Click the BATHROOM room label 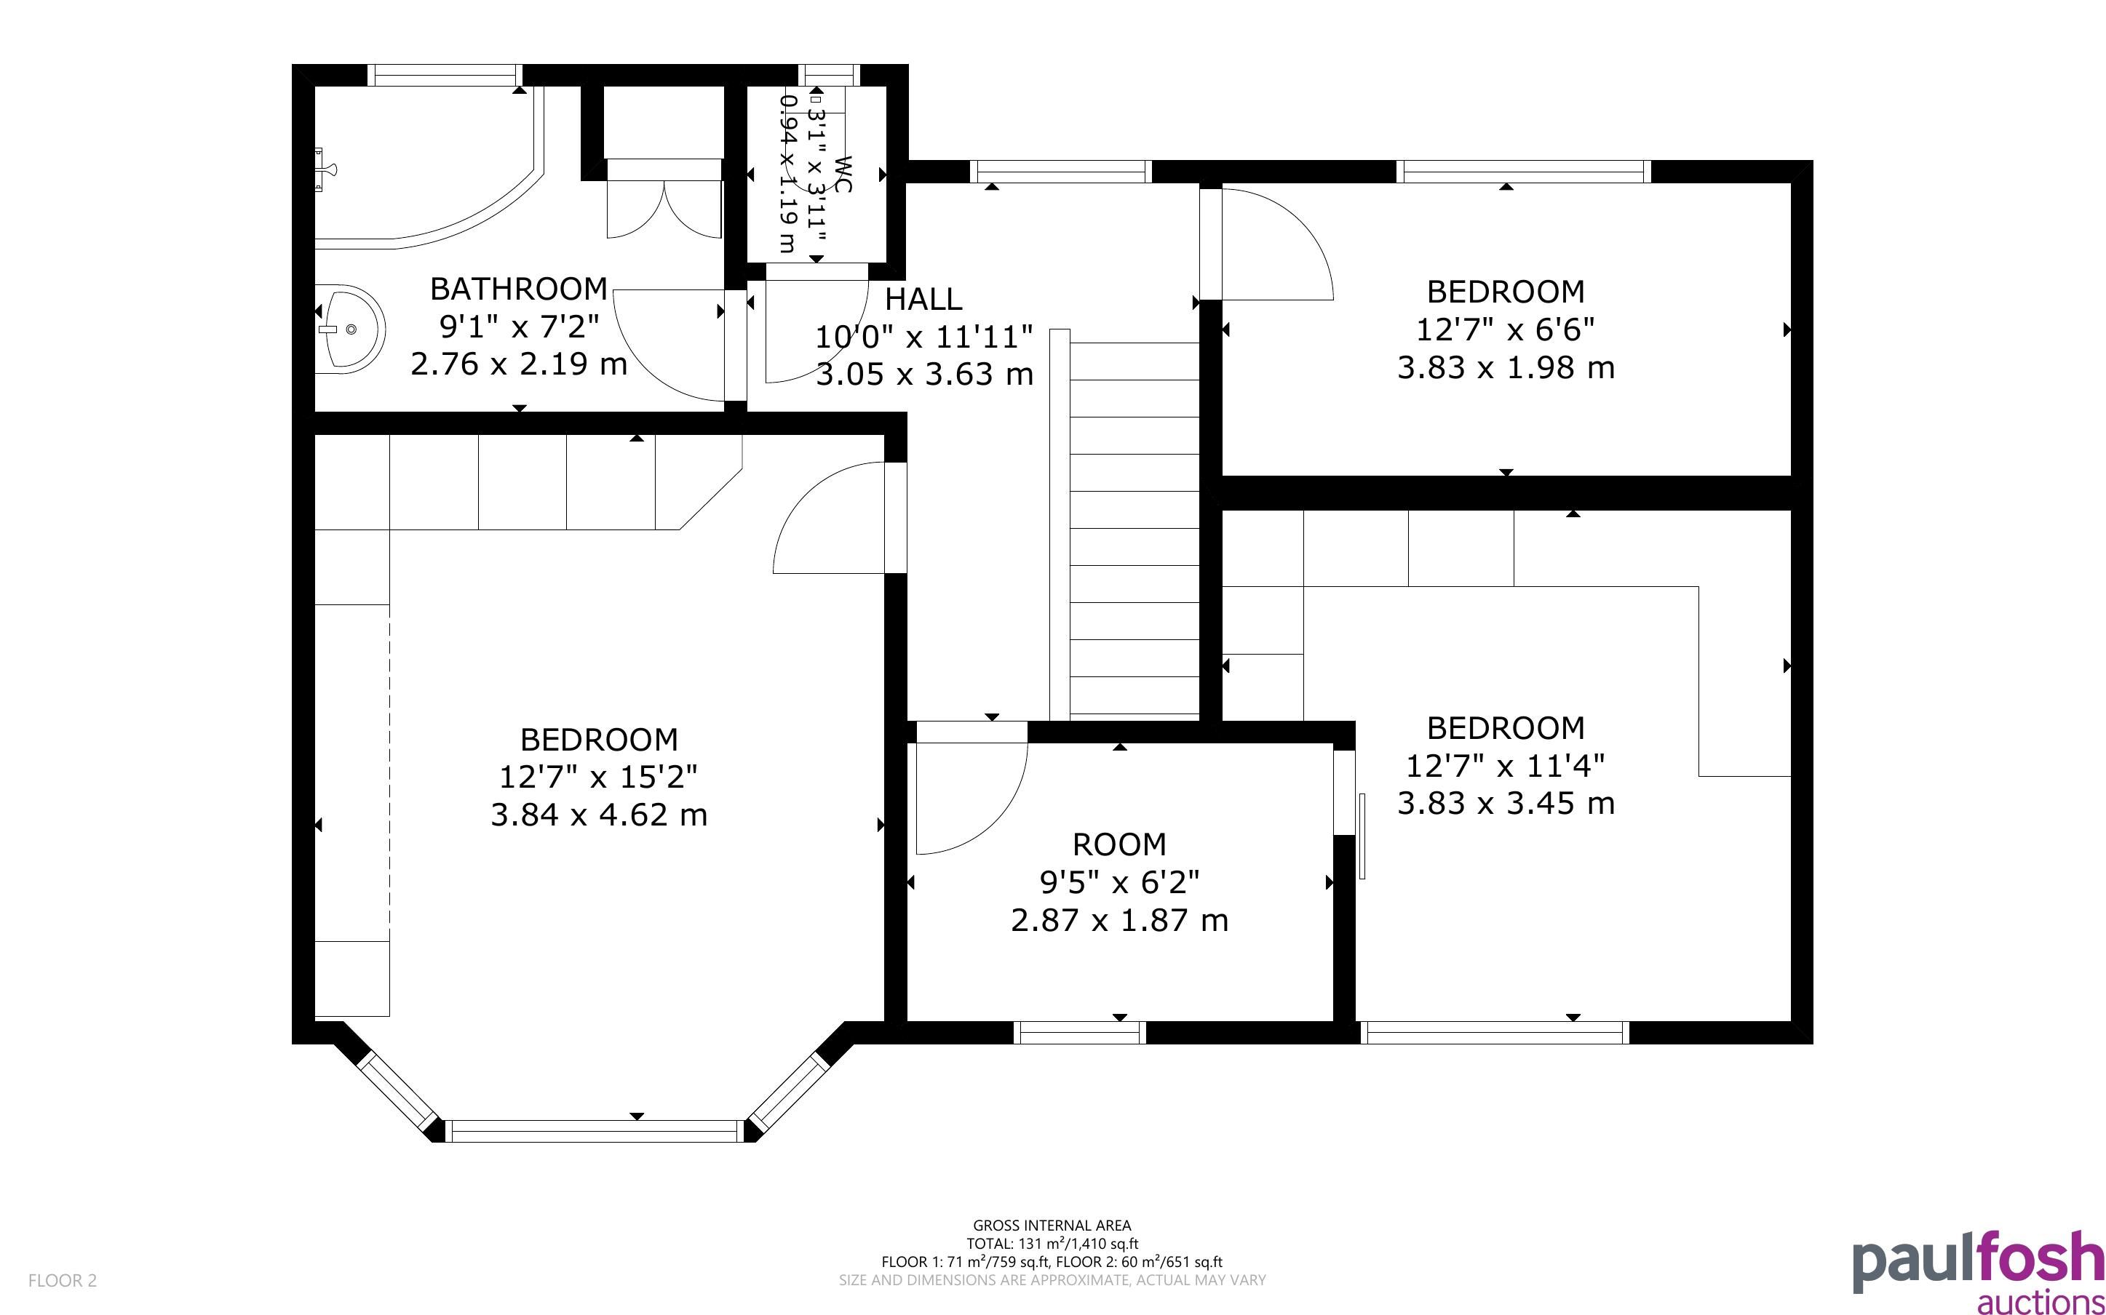(x=518, y=289)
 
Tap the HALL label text (x=923, y=299)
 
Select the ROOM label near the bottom (x=1119, y=844)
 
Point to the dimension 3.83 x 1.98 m (x=1506, y=368)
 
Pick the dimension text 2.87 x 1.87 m (x=1119, y=920)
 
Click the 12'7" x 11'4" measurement (x=1506, y=765)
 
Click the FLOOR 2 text (x=63, y=1280)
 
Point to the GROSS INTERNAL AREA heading (x=1052, y=1226)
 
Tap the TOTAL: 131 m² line (x=1052, y=1244)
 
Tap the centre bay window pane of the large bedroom (x=597, y=1130)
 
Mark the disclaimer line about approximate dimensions (x=1052, y=1280)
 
